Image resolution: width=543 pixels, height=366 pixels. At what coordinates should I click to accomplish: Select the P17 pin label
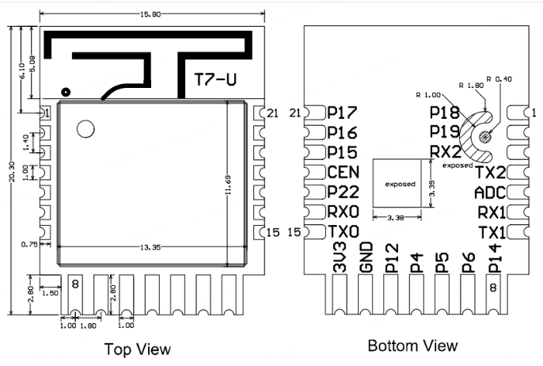coord(342,113)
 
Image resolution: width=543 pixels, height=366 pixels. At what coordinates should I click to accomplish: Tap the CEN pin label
coord(343,172)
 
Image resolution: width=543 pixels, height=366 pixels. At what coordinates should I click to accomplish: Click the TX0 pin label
coord(343,232)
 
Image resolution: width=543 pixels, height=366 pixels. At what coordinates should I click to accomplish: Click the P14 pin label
coord(494,260)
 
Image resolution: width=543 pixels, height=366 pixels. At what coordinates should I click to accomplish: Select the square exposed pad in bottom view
coord(400,184)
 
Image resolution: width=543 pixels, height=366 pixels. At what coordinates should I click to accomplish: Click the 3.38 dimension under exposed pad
coord(398,217)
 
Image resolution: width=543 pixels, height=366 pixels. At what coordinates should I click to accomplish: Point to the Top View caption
coord(139,349)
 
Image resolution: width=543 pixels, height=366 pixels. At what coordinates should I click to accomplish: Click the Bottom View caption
coord(412,345)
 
